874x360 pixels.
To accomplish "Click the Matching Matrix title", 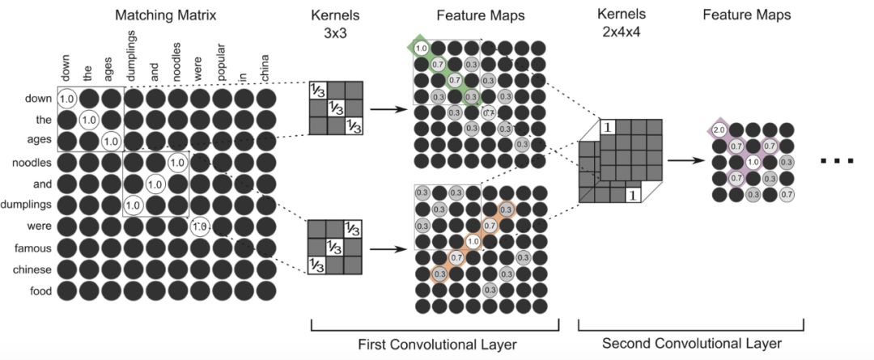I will pos(166,15).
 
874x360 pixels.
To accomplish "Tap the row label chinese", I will pos(32,269).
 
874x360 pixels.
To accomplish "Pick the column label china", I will pos(264,65).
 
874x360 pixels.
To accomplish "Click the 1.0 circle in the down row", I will pos(67,99).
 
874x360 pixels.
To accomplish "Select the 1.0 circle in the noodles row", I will pos(177,163).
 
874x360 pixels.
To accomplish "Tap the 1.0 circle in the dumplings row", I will pos(134,205).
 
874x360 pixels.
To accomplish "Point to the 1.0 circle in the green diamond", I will pos(421,49).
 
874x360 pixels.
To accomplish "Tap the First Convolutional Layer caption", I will pos(437,345).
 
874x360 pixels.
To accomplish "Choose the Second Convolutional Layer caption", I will pos(690,345).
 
